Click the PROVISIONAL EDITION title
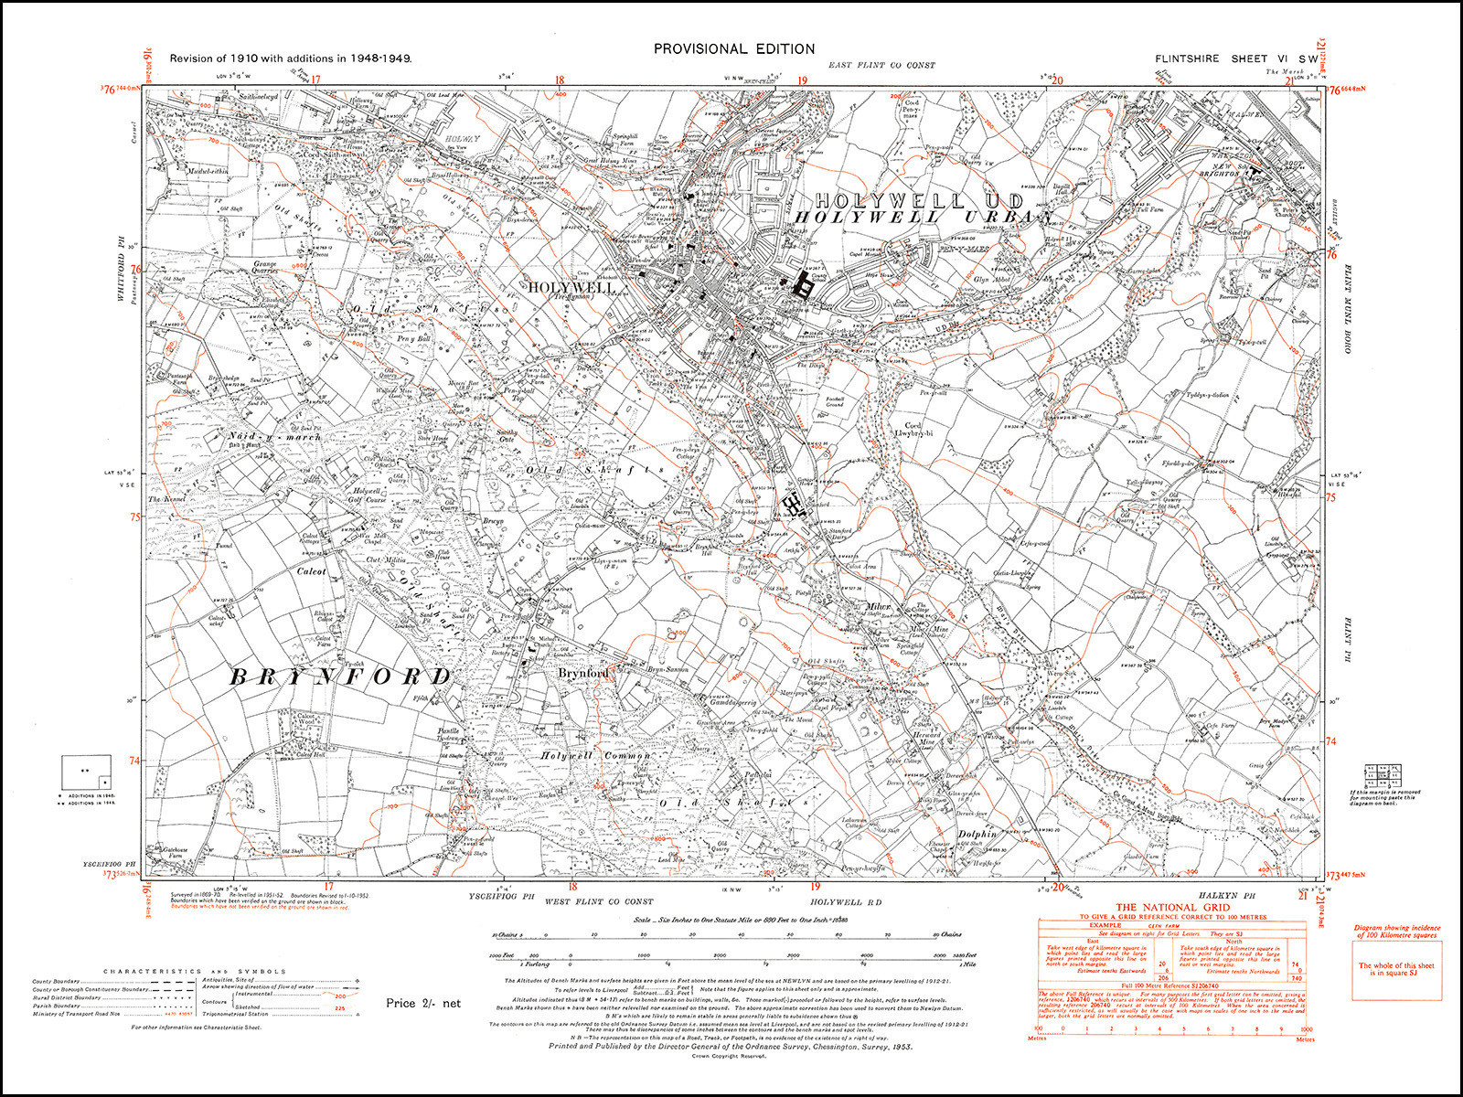(733, 48)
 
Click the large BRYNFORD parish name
(340, 676)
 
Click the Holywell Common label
(594, 756)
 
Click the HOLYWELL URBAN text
(924, 217)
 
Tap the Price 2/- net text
(423, 1003)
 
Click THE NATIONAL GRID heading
(1170, 906)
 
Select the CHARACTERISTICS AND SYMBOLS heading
(195, 972)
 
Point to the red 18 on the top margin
(559, 80)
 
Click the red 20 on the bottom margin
(1058, 887)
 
